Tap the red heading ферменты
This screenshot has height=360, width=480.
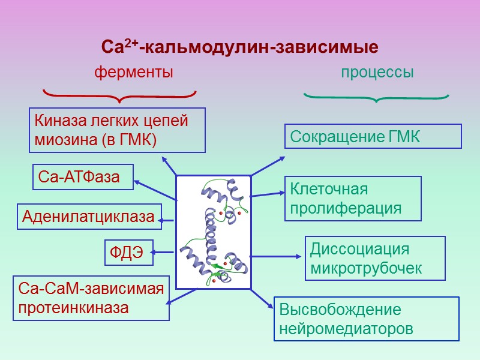134,73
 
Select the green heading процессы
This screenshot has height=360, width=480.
377,73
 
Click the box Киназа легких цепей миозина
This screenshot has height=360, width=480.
117,130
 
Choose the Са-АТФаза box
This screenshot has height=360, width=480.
83,177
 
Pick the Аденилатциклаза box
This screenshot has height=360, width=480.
89,217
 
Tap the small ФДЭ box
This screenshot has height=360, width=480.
128,253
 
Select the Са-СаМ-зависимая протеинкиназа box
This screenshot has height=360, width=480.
91,298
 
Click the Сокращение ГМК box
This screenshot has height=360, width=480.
373,136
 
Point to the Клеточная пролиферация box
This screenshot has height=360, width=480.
353,199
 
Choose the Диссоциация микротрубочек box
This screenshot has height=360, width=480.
376,258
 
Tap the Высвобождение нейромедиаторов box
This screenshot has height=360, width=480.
366,319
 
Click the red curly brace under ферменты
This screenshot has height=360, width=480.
120,95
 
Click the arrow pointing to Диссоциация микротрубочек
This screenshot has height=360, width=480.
276,257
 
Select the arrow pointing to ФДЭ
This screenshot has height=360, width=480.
164,251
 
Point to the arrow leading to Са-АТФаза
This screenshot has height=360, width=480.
155,189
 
